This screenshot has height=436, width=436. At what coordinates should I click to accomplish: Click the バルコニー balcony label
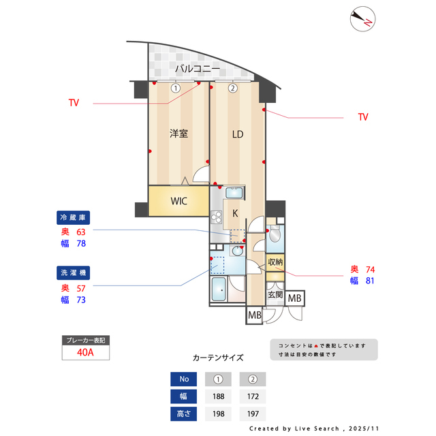197,69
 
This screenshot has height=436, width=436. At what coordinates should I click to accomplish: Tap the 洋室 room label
179,134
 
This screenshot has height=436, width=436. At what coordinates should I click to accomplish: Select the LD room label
237,134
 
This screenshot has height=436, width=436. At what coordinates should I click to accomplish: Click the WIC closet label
178,201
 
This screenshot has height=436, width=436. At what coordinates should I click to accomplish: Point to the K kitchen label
235,213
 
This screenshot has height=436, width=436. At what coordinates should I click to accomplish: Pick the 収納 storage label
275,262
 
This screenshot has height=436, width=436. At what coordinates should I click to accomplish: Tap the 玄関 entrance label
275,295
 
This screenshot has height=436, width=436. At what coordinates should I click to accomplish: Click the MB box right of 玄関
295,298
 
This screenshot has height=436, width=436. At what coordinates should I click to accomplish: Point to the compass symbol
361,18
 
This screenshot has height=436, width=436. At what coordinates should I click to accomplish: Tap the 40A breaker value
85,353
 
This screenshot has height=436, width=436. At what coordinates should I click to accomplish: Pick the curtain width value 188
219,396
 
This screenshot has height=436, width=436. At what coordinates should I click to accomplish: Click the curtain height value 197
252,414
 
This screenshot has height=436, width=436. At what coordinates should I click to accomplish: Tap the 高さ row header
183,414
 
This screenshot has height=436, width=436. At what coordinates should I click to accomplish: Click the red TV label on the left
74,104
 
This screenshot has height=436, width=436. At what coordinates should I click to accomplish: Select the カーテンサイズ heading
218,357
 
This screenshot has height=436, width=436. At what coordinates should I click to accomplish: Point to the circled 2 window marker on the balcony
232,88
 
